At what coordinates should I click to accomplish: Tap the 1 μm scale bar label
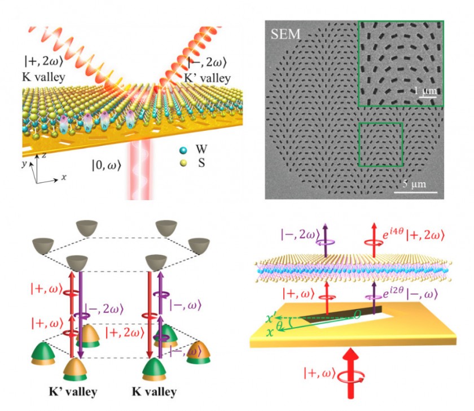(423, 90)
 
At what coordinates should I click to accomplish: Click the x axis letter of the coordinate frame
(64, 177)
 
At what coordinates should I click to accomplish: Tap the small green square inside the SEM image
(381, 144)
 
